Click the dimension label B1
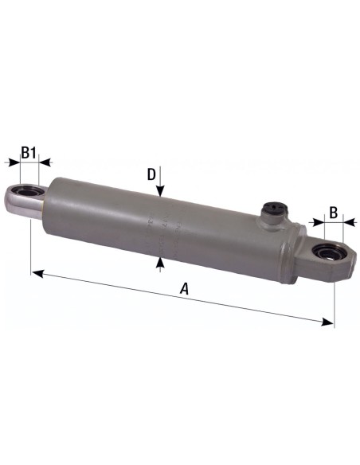click(29, 151)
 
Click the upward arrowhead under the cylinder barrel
click(160, 260)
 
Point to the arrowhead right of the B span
click(346, 225)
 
